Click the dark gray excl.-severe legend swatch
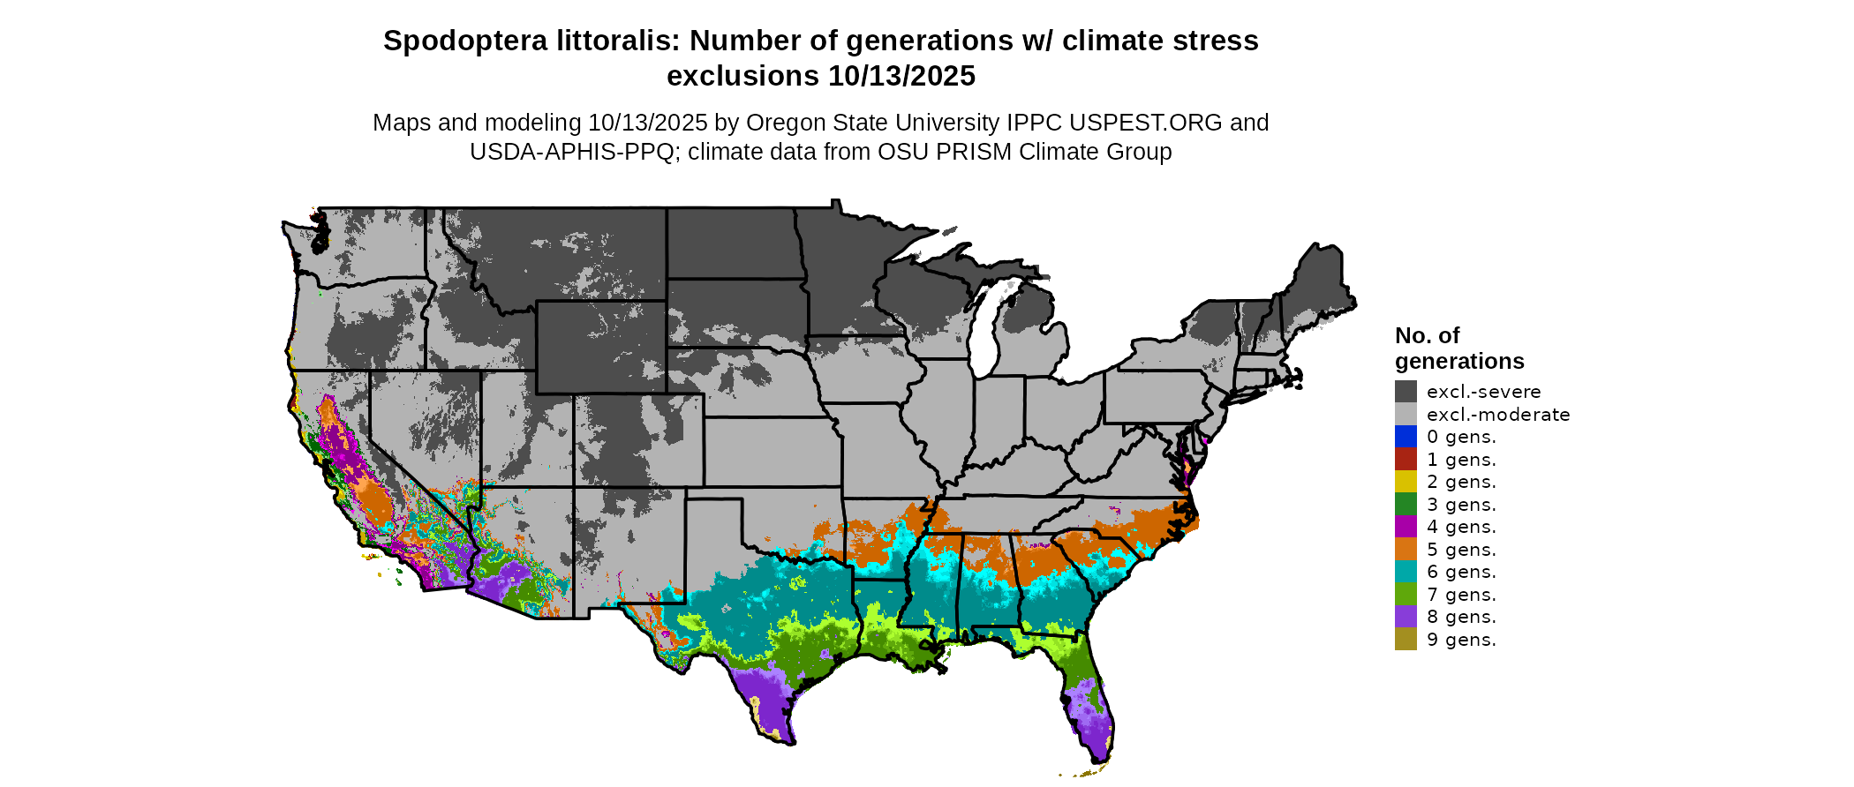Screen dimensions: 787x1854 1406,392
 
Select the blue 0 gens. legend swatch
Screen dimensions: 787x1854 1406,437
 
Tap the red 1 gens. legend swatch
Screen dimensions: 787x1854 1406,460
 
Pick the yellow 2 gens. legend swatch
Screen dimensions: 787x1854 1406,482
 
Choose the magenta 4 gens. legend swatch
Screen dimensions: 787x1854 1406,527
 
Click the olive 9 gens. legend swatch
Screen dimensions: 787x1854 1406,640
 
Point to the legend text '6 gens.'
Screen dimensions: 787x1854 1461,572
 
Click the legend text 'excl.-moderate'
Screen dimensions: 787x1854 1498,415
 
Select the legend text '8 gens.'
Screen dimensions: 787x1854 1461,617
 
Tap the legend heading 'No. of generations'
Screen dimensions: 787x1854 1458,349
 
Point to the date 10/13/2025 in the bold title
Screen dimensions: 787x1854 901,76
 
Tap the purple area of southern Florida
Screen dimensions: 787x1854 1090,723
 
